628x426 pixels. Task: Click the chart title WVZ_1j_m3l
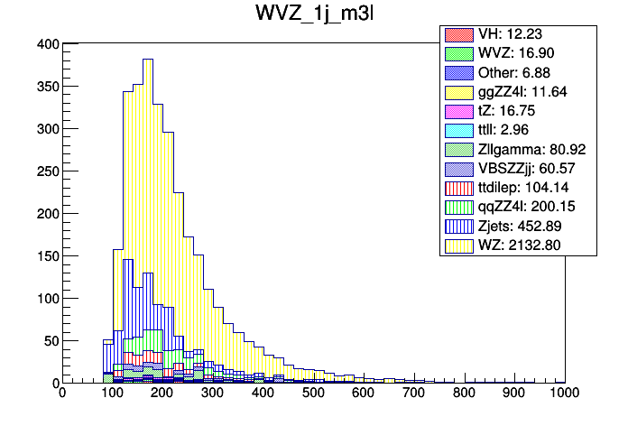(313, 15)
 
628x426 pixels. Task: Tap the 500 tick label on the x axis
(313, 394)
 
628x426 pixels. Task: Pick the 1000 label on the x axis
(565, 394)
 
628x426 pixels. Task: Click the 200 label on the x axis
(162, 394)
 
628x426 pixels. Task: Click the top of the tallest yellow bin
(148, 60)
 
